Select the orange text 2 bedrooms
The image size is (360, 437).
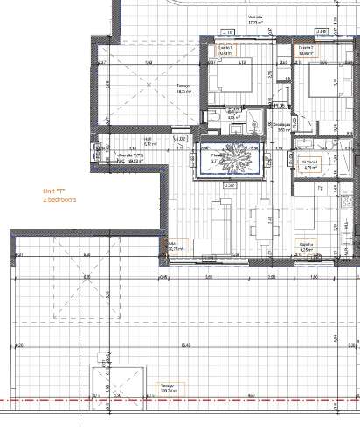pos(60,200)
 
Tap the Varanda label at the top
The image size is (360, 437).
pos(255,18)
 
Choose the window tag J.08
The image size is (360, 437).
pos(322,31)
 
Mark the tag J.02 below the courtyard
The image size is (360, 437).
pos(230,185)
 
